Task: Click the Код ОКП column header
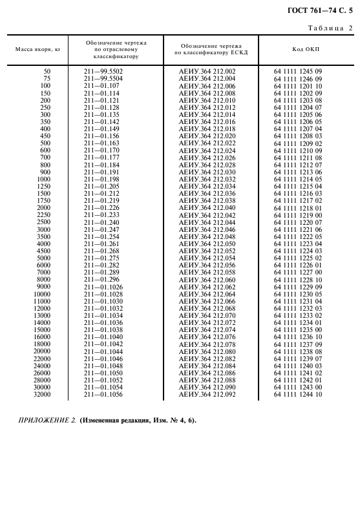[x=301, y=49]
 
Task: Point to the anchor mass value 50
[x=47, y=70]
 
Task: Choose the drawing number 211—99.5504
[x=103, y=78]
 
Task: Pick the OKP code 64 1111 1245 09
[x=298, y=70]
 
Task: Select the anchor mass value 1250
[x=44, y=186]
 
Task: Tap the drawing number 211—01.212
[x=101, y=193]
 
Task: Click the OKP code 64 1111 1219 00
[x=298, y=215]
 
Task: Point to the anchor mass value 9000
[x=43, y=286]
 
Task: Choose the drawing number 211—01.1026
[x=103, y=286]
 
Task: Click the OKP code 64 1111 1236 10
[x=298, y=337]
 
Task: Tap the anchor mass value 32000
[x=42, y=394]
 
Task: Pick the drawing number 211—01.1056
[x=103, y=394]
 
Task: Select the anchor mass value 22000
[x=42, y=358]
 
